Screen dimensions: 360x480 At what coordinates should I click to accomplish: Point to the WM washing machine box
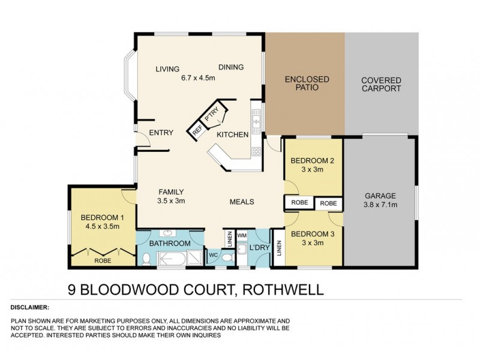pyautogui.click(x=242, y=235)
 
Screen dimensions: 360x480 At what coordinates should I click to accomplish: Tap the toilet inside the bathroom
pyautogui.click(x=146, y=258)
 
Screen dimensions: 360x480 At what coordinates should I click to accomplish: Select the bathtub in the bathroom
pyautogui.click(x=172, y=258)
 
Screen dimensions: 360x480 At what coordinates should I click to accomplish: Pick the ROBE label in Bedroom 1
pyautogui.click(x=103, y=261)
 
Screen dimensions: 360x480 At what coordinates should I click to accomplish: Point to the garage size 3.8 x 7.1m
pyautogui.click(x=381, y=205)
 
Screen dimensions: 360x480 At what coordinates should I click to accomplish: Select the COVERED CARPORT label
pyautogui.click(x=381, y=85)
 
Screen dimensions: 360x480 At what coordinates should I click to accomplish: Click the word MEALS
pyautogui.click(x=241, y=202)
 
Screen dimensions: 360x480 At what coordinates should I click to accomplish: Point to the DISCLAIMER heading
pyautogui.click(x=30, y=307)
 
